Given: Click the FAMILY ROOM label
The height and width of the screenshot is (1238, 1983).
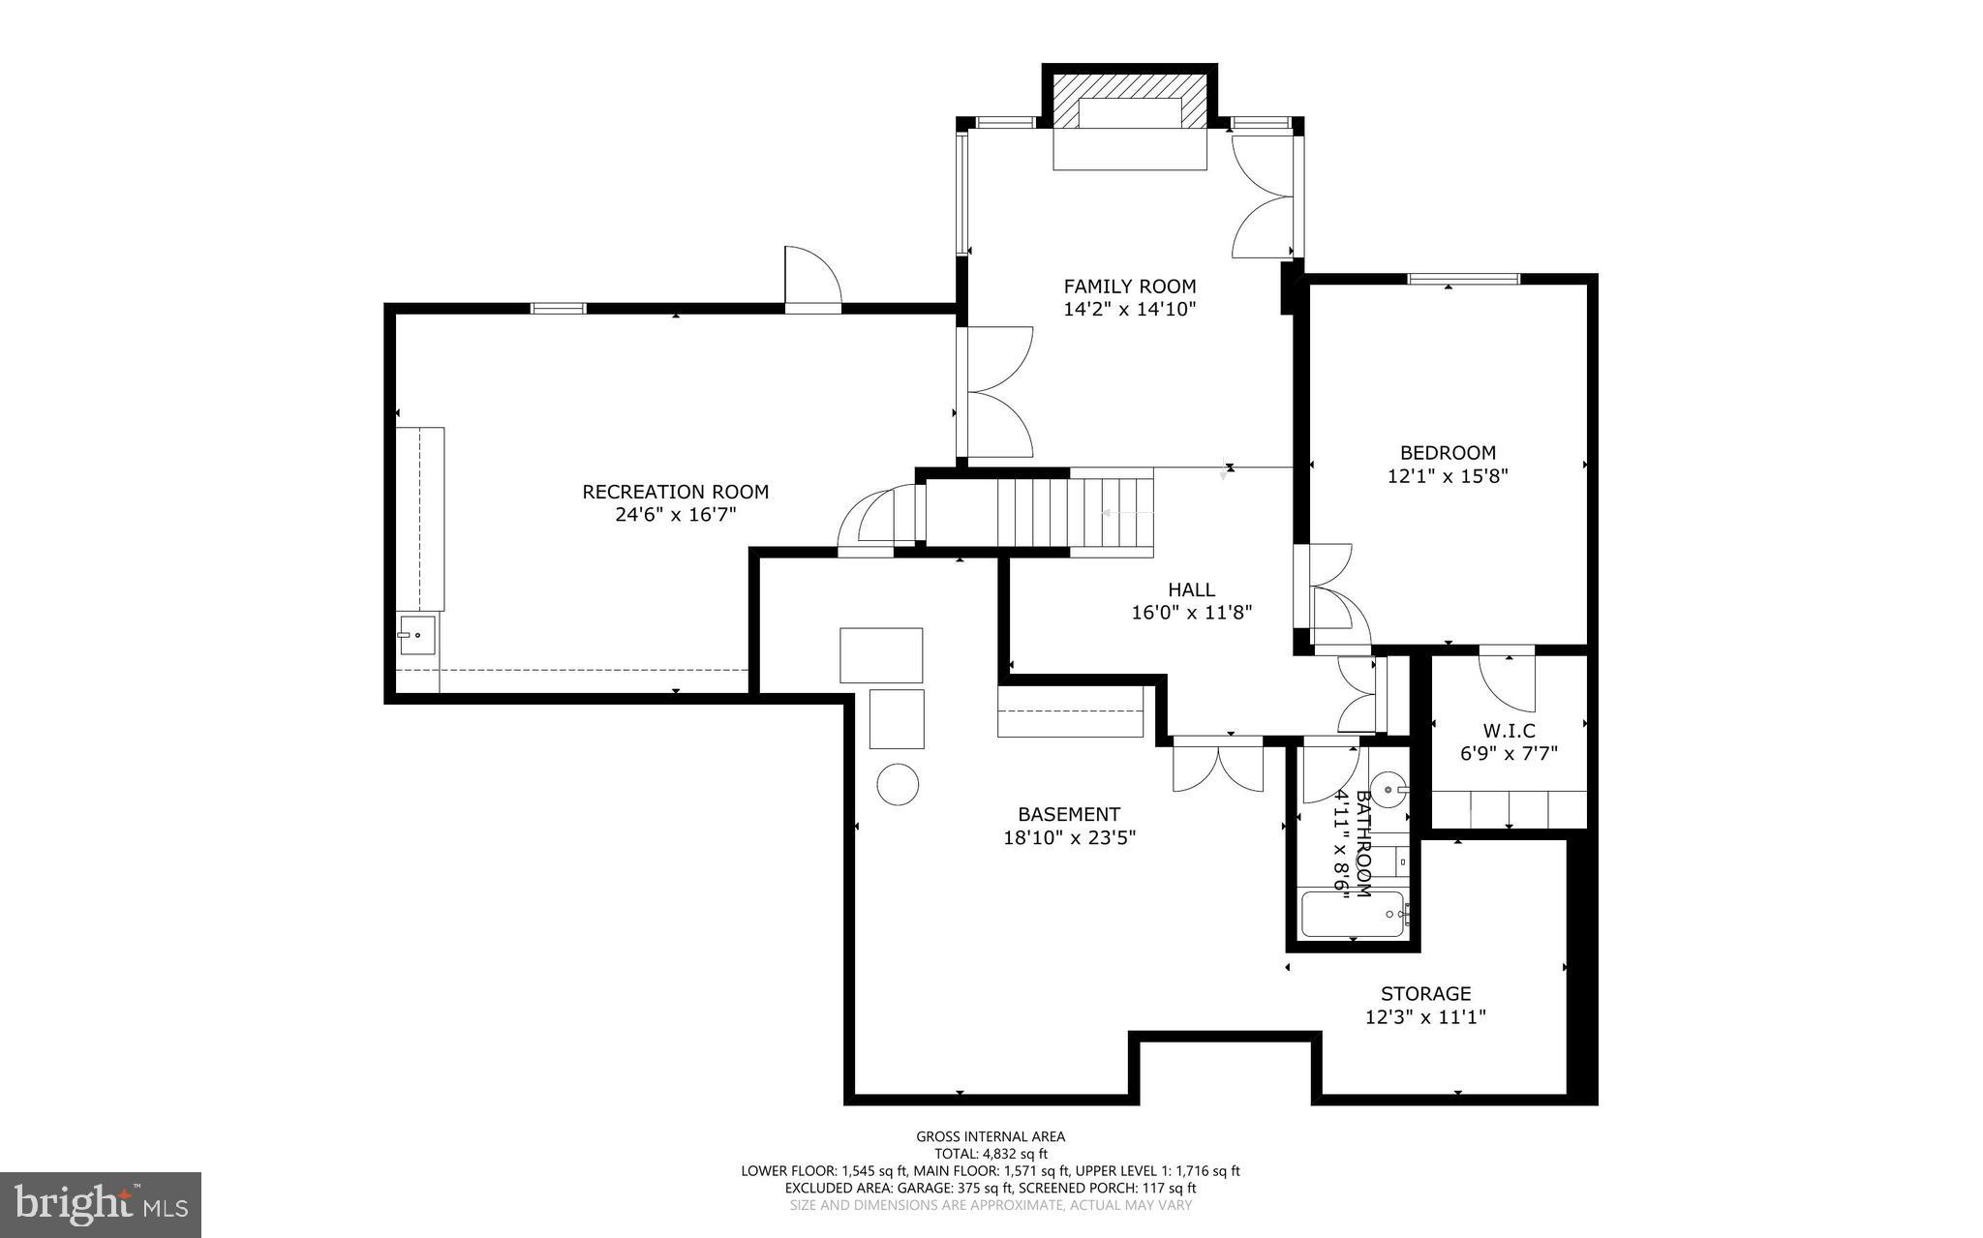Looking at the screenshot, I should [1129, 287].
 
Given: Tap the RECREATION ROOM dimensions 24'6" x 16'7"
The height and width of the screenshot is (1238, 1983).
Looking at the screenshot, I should [675, 515].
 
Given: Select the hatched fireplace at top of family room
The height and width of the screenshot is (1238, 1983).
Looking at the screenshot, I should [1129, 100].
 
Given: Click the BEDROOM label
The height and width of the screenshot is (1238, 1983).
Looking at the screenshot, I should [1448, 452].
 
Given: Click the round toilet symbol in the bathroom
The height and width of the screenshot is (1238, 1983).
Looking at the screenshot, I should [1388, 789].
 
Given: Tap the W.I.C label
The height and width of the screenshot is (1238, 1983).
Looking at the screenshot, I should [1509, 731].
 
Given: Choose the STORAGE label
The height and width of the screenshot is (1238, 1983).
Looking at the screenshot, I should [1425, 993].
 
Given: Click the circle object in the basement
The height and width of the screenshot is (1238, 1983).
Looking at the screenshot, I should [898, 784].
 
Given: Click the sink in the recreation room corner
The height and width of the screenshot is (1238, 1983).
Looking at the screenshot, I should [416, 636].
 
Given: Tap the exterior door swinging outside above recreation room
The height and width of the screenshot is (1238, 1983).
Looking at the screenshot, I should [812, 281].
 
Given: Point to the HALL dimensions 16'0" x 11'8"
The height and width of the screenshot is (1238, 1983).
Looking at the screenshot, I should [1191, 612].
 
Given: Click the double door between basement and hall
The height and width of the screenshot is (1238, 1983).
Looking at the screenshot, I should [1217, 765].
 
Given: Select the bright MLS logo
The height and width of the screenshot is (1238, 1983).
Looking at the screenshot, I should [101, 1203].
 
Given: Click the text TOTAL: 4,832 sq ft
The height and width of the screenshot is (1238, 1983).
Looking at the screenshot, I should [991, 1154].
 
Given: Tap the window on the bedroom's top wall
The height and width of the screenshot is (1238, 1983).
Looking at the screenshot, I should [1463, 279].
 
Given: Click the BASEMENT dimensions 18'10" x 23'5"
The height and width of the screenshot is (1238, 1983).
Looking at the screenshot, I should [1069, 837].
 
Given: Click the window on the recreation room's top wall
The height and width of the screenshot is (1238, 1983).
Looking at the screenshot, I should [558, 309].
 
